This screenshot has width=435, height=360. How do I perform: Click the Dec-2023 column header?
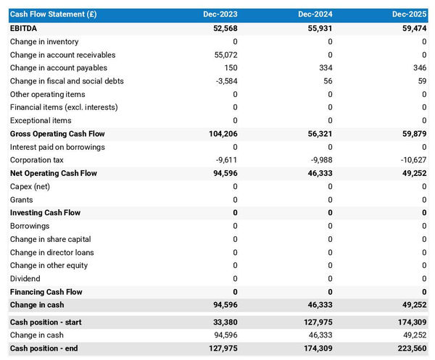coord(220,14)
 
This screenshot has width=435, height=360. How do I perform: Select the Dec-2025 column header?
coord(410,14)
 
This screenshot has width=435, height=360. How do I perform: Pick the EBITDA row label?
coord(24,28)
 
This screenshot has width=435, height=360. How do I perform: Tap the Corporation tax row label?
coord(37,160)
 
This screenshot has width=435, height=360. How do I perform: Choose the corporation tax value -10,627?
coord(412,160)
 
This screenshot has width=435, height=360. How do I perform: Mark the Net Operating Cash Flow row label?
coord(53,173)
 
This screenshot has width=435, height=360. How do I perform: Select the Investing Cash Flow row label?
coord(45,213)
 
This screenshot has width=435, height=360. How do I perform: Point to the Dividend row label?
coord(25,278)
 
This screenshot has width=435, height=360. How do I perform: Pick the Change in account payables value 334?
coord(326,68)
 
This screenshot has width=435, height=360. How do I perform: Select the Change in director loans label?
coord(51,252)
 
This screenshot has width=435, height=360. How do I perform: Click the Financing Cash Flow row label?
coord(46,292)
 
